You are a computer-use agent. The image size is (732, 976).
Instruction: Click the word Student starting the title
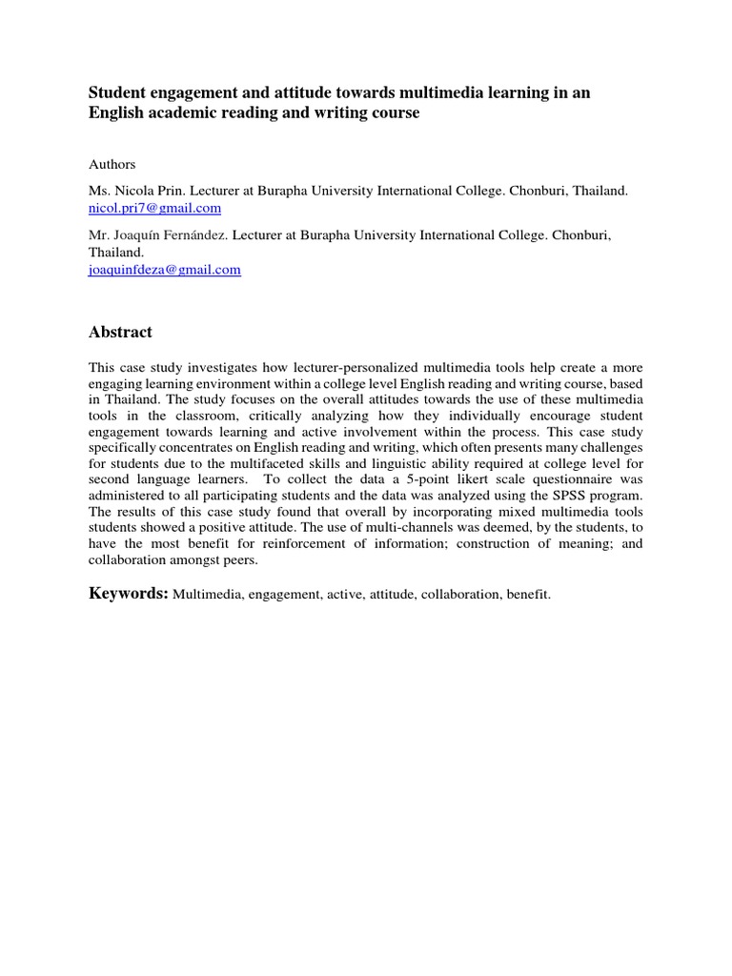(118, 91)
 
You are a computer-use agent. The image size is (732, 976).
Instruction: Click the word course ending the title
(392, 112)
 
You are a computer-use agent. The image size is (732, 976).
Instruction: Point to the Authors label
(112, 164)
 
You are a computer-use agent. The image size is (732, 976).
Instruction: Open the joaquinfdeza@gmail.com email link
(165, 270)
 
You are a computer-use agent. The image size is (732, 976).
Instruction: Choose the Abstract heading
(120, 332)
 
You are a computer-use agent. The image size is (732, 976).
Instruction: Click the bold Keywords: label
(129, 594)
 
